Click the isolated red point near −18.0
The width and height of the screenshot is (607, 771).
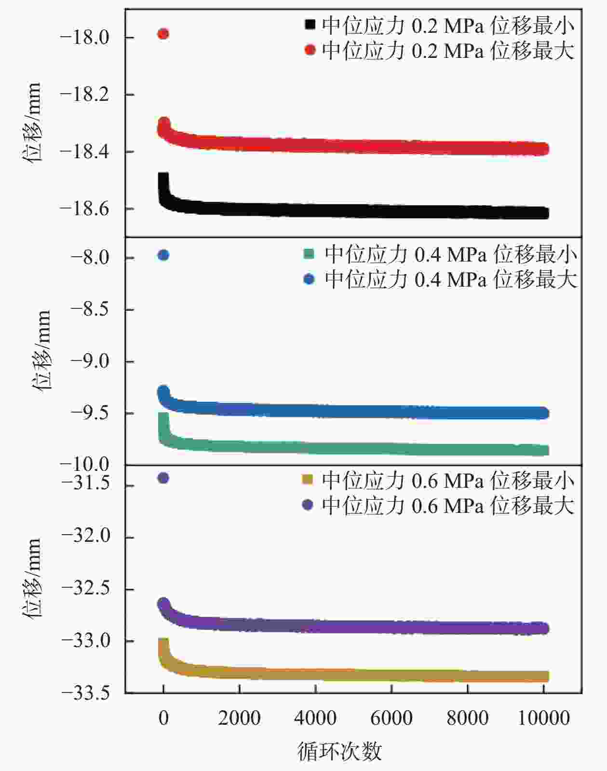pyautogui.click(x=163, y=34)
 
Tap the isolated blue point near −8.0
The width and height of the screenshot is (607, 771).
pyautogui.click(x=163, y=255)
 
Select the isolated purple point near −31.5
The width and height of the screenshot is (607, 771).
pyautogui.click(x=163, y=478)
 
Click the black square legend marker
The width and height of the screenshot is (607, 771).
pyautogui.click(x=310, y=24)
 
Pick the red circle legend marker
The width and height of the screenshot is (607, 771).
pyautogui.click(x=310, y=50)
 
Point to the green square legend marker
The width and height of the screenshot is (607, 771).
pyautogui.click(x=309, y=253)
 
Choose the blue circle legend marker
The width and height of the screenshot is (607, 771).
pyautogui.click(x=309, y=279)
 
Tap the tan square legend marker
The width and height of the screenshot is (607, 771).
pyautogui.click(x=307, y=479)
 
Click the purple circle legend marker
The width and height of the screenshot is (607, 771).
pyautogui.click(x=307, y=505)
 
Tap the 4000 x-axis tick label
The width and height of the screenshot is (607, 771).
pyautogui.click(x=315, y=718)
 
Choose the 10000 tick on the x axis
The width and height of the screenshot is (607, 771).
pyautogui.click(x=543, y=718)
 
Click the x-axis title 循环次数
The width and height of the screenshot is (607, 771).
pyautogui.click(x=339, y=751)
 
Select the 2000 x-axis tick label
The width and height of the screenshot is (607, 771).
pyautogui.click(x=239, y=718)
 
